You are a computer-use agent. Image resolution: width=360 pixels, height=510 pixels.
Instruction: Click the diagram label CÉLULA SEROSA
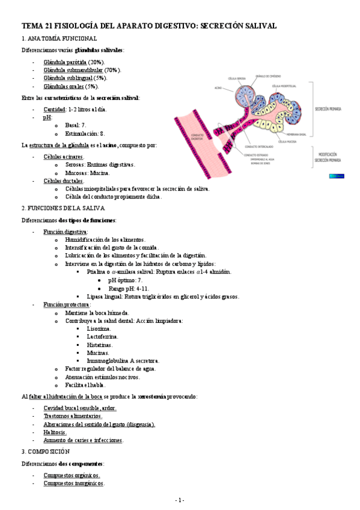237,79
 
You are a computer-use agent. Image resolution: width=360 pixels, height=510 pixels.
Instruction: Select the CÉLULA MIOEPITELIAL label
284,86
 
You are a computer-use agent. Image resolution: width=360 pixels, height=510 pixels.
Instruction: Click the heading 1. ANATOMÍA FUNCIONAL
59,39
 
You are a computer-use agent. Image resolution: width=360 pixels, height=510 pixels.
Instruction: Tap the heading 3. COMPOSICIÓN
46,451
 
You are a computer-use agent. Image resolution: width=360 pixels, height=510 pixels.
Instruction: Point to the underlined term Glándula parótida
65,62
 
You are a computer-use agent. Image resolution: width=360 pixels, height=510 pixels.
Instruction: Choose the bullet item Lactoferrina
102,337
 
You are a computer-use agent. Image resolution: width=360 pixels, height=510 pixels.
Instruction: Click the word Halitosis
55,432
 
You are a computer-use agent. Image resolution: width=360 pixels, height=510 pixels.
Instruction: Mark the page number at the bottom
180,500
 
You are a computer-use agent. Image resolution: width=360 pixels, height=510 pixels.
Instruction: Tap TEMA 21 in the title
37,26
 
